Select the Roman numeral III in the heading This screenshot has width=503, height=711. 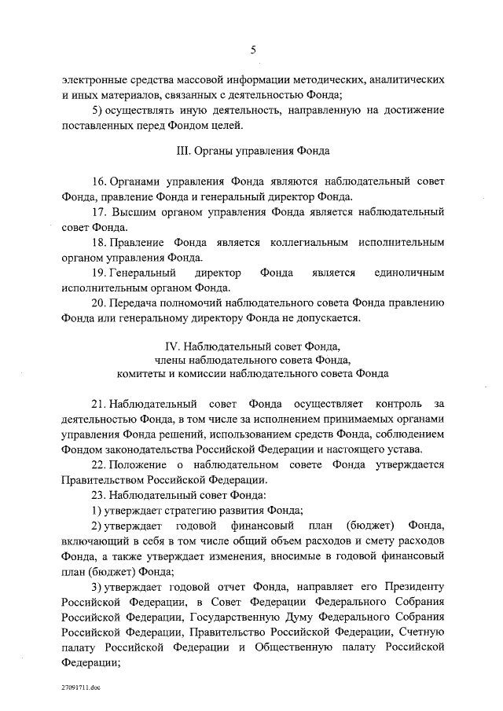coord(182,149)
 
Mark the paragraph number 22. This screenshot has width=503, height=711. coord(99,465)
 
